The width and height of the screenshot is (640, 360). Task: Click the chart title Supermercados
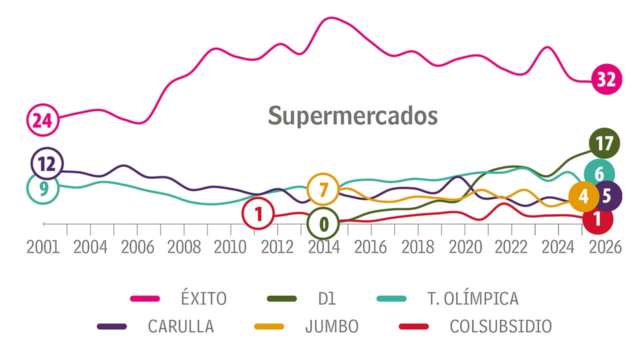coord(352,115)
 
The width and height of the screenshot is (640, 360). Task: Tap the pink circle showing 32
coord(606,79)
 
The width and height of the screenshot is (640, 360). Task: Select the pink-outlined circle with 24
coord(42,120)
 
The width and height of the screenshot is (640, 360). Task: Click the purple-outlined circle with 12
coord(47,163)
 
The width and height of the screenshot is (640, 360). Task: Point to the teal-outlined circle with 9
coord(43,188)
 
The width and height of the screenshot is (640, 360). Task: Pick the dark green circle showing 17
coord(604,143)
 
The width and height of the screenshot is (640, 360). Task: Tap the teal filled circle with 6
coord(599,174)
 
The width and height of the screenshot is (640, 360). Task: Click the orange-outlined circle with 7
coord(323,190)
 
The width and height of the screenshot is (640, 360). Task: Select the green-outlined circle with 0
coord(323,223)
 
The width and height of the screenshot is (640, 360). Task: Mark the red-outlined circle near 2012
coord(258,214)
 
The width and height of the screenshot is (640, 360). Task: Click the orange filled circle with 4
coord(583,196)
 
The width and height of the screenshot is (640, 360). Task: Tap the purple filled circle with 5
coord(606,196)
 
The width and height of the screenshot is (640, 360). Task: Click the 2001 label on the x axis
coord(43,247)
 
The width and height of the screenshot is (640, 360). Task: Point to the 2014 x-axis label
coord(323,247)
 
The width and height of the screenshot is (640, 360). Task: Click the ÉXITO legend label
coord(203,298)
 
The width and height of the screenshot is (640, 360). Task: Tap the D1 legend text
coord(326,298)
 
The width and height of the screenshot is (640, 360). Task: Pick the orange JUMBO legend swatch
coord(269,326)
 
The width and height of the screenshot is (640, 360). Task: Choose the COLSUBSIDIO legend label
coord(500,326)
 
